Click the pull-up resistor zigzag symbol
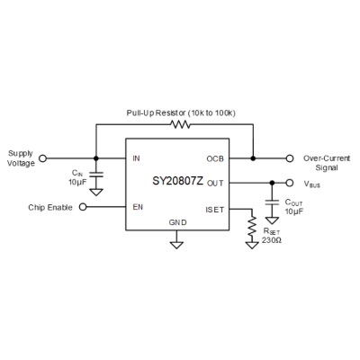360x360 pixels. pyautogui.click(x=180, y=124)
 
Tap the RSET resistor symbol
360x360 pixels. pyautogui.click(x=252, y=226)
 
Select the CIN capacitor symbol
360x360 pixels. pyautogui.click(x=96, y=175)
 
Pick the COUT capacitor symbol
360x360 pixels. pyautogui.click(x=272, y=202)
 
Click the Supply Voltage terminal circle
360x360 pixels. pyautogui.click(x=43, y=158)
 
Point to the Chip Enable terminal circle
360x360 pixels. pyautogui.click(x=83, y=207)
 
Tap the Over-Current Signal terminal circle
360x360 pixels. pyautogui.click(x=290, y=158)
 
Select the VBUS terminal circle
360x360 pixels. pyautogui.click(x=290, y=183)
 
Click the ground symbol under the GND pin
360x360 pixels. pyautogui.click(x=176, y=245)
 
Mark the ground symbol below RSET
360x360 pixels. pyautogui.click(x=252, y=245)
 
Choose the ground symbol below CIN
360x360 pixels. pyautogui.click(x=96, y=192)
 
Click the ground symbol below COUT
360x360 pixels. pyautogui.click(x=272, y=220)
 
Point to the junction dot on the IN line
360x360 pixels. pyautogui.click(x=96, y=158)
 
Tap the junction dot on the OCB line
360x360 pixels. pyautogui.click(x=253, y=158)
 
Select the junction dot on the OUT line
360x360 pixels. pyautogui.click(x=272, y=183)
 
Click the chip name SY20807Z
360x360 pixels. pyautogui.click(x=178, y=181)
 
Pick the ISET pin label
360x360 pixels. pyautogui.click(x=215, y=210)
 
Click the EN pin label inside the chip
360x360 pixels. pyautogui.click(x=138, y=207)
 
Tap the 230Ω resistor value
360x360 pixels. pyautogui.click(x=272, y=240)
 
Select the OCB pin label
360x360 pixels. pyautogui.click(x=215, y=158)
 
